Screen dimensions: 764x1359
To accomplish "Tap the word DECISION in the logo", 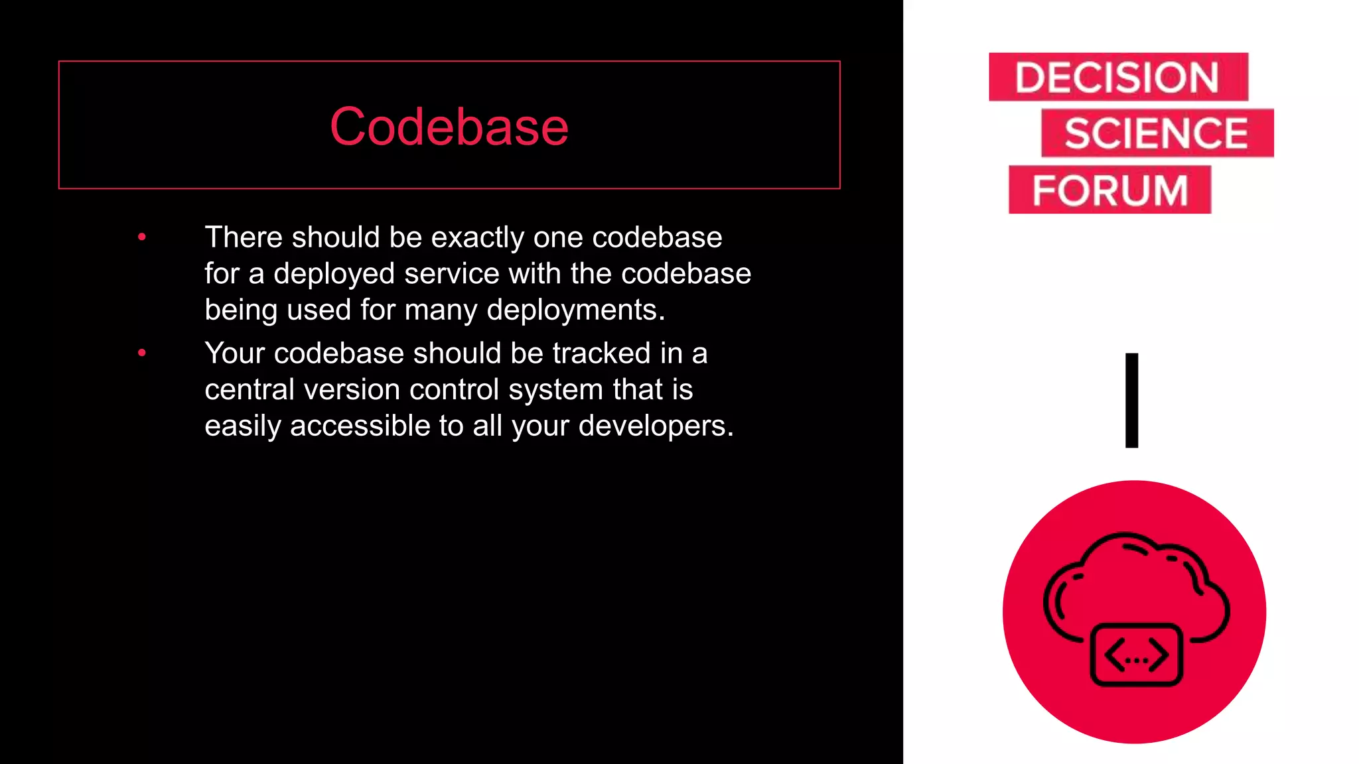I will click(1117, 78).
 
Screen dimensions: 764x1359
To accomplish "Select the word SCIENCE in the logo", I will click(1157, 133).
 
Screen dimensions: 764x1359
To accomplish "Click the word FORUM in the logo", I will click(1109, 190).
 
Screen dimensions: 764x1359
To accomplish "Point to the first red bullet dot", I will click(141, 237).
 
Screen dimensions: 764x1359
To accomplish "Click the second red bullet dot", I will click(141, 353).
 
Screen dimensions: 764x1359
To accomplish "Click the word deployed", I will click(334, 274).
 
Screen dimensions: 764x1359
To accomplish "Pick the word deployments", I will click(575, 310).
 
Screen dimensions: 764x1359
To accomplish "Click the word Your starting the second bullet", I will click(235, 353).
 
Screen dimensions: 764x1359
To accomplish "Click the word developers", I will click(655, 426).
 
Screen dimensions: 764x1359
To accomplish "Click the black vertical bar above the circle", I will click(1131, 400).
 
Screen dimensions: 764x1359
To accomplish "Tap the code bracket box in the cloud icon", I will click(1136, 655).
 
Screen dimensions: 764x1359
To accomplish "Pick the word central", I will click(249, 390).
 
